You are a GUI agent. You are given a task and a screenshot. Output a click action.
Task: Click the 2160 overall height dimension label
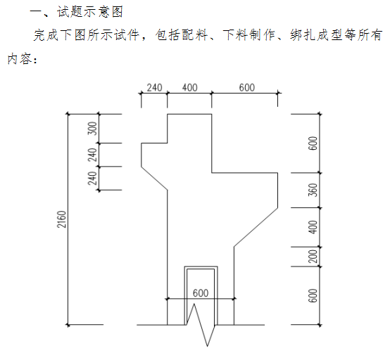coord(62,219)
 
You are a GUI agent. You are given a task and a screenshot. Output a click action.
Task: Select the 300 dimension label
coord(92,128)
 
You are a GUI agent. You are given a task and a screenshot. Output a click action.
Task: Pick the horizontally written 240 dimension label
coord(154,88)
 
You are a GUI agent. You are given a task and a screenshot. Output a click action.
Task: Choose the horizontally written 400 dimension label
coord(190,88)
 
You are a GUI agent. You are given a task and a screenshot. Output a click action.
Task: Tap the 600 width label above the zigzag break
coord(201,293)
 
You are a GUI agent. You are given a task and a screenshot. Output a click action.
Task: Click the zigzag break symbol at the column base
coord(201,324)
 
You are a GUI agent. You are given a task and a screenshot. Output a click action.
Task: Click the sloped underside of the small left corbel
coord(154,179)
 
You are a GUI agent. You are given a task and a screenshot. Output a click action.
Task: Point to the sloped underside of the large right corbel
coord(256,227)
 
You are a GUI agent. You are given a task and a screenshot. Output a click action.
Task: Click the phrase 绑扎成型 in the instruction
coord(316,34)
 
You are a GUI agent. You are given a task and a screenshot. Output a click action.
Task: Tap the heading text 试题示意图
coord(90,12)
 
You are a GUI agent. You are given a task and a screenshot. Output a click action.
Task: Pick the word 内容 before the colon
coord(20,59)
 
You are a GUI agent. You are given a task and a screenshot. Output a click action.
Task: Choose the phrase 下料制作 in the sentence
coord(249,34)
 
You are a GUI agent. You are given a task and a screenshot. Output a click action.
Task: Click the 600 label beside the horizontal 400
coord(246,88)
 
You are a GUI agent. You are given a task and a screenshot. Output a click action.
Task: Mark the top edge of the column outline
coord(189,114)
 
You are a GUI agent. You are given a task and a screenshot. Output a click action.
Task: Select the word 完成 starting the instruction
coord(46,34)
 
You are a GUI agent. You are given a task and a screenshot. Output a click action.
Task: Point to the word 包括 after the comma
coord(168,34)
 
